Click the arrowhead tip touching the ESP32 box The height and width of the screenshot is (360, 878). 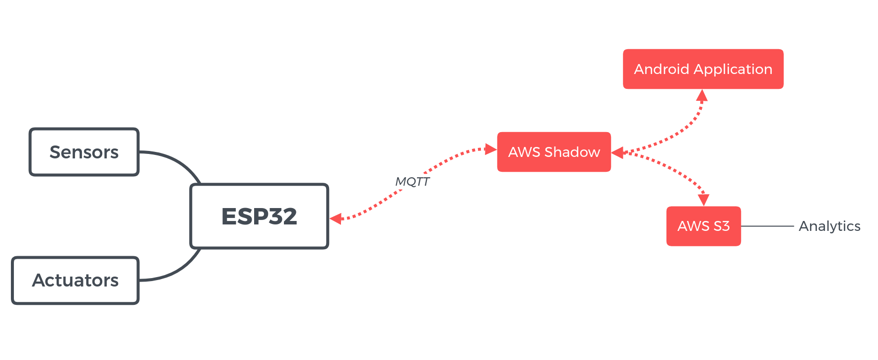[330, 218]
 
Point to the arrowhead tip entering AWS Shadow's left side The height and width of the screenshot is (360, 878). [497, 149]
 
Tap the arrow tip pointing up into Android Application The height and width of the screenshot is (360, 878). [702, 90]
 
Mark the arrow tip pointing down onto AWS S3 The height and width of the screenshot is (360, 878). [704, 206]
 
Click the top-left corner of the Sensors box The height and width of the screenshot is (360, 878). [30, 129]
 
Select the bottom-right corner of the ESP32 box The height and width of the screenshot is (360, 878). [328, 248]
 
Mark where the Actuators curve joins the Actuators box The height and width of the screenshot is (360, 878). [139, 281]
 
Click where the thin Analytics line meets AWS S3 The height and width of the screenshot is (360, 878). [741, 226]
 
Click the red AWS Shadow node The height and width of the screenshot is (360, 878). [554, 152]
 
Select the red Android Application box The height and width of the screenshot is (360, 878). [703, 69]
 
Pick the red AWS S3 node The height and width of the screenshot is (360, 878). [704, 226]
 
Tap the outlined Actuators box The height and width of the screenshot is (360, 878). [75, 281]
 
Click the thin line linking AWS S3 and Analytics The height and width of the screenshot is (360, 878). [767, 226]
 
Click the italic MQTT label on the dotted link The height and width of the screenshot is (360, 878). [412, 182]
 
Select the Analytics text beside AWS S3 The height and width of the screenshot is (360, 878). [829, 226]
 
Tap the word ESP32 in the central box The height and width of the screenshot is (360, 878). [259, 216]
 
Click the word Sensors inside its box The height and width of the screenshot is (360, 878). [84, 152]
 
